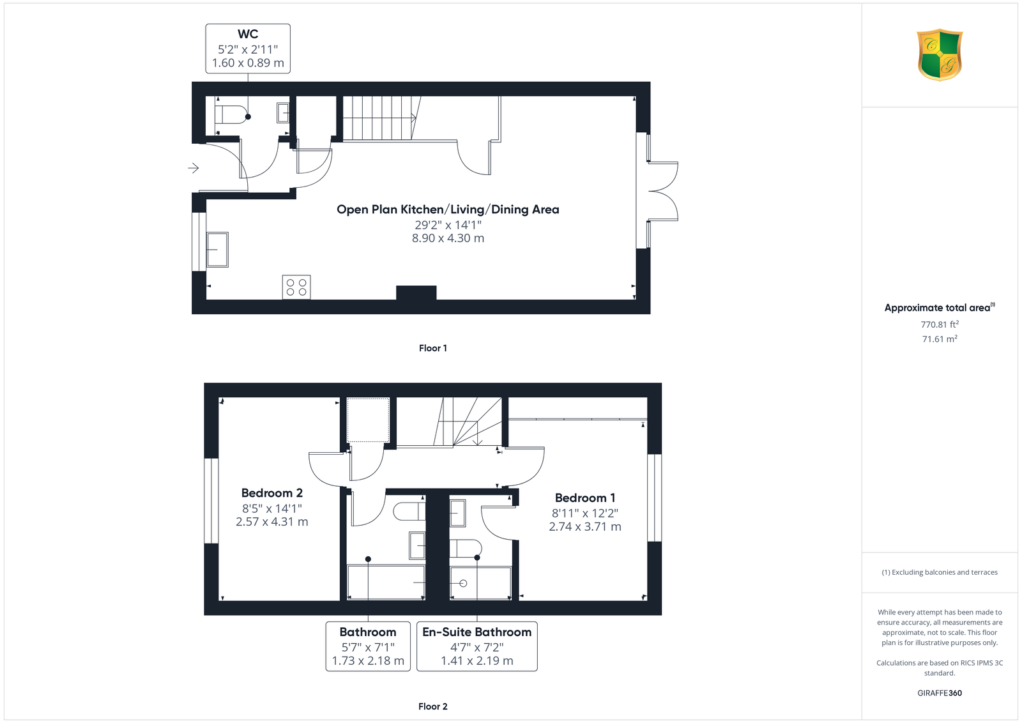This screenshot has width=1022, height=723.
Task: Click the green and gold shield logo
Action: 940,55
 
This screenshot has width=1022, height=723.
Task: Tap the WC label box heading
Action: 248,34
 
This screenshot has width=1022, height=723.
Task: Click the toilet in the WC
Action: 231,114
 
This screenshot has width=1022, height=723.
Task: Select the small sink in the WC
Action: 283,113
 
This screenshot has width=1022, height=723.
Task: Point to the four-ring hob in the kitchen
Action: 296,287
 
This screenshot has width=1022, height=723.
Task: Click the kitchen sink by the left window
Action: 217,250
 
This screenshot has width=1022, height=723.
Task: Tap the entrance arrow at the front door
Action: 194,169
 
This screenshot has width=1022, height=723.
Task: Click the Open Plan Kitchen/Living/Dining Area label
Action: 448,209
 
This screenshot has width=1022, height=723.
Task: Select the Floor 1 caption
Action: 432,348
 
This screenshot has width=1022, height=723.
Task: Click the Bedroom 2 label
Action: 272,492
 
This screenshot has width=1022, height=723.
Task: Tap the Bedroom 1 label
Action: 585,498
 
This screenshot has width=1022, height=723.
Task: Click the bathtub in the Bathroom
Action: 386,582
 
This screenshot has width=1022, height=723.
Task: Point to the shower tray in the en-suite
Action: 480,583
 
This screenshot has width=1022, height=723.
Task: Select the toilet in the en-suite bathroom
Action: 466,549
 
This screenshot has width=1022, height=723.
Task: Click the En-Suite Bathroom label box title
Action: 477,632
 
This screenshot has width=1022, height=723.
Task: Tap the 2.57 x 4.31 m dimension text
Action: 272,521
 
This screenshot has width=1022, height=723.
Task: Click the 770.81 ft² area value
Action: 940,324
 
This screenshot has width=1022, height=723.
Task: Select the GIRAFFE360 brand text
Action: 940,693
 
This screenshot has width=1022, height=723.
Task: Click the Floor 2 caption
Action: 432,706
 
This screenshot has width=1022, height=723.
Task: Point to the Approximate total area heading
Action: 940,307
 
